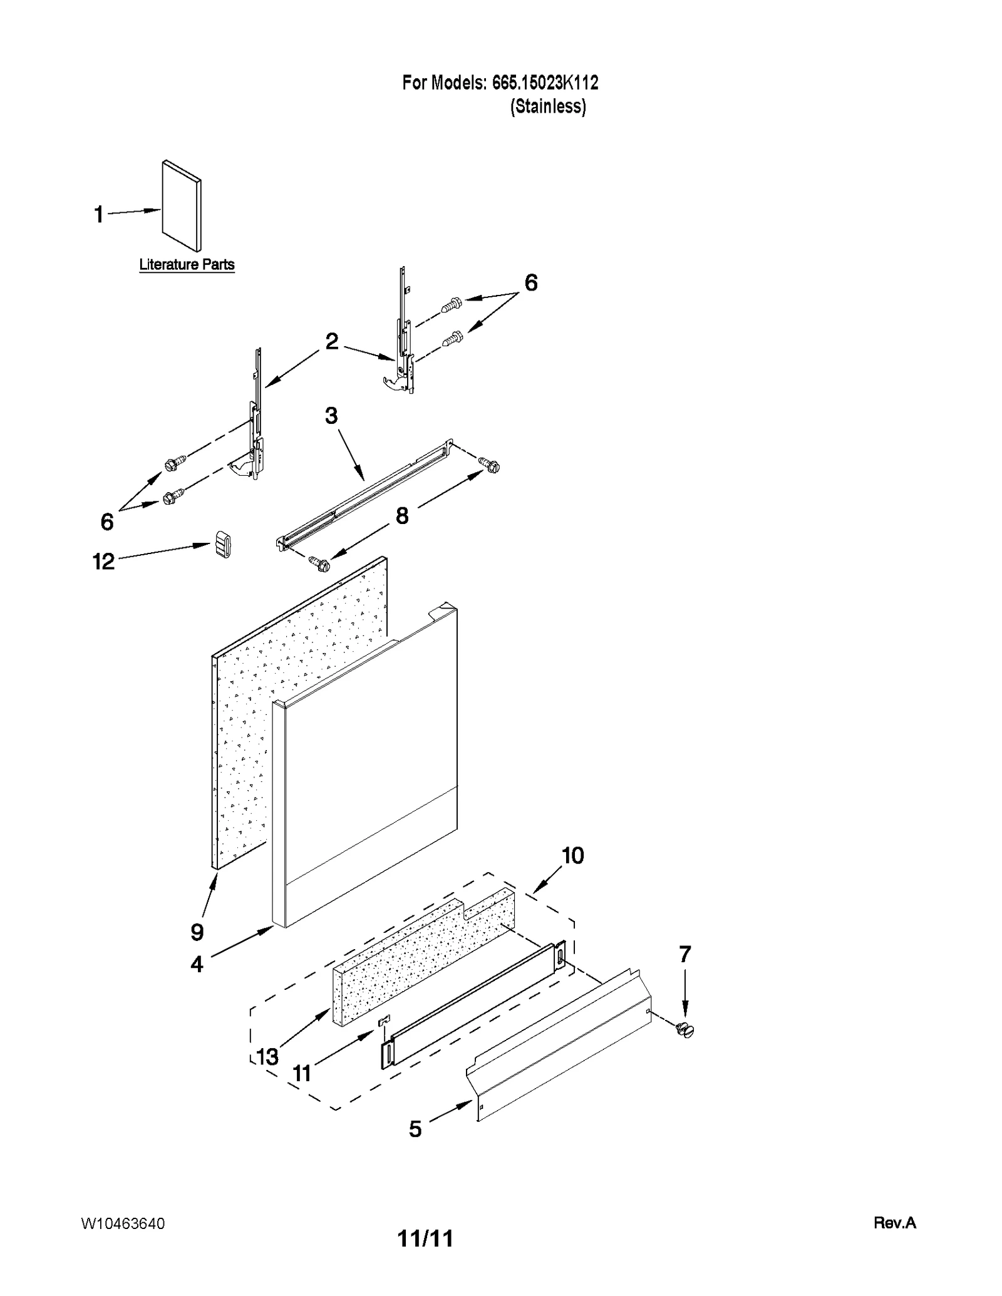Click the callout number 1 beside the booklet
tap(98, 215)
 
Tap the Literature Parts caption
tap(187, 264)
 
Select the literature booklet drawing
tap(182, 205)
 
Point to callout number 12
tap(104, 562)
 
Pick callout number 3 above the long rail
tap(331, 415)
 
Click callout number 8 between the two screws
tap(401, 516)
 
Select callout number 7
tap(684, 954)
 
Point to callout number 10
tap(572, 855)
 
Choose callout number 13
tap(267, 1057)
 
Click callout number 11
tap(302, 1074)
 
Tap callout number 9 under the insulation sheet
tap(197, 932)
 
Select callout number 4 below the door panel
tap(197, 964)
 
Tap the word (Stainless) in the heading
tap(548, 106)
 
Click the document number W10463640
tap(123, 1224)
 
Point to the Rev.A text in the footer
tap(894, 1223)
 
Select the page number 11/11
tap(425, 1238)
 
